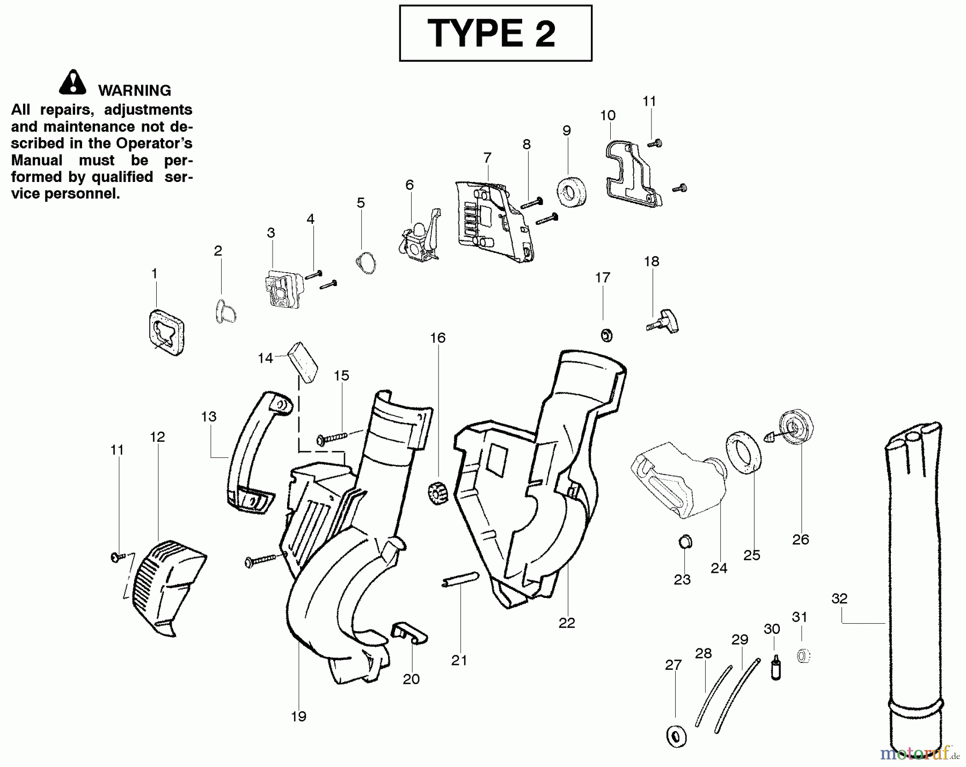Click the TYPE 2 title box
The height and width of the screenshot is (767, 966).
(x=495, y=33)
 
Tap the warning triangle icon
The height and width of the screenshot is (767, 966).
(x=73, y=82)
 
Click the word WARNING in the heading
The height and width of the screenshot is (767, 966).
(x=135, y=91)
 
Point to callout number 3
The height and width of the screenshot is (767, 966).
(x=271, y=233)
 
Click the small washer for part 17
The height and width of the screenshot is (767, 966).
(x=606, y=335)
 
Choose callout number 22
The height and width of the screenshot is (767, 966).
(x=567, y=623)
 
